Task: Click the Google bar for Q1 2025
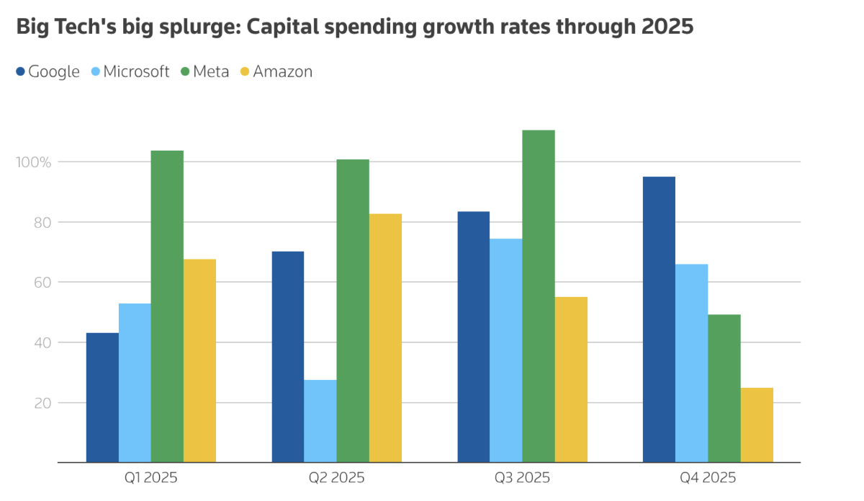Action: tap(102, 397)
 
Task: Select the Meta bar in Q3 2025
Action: tap(539, 296)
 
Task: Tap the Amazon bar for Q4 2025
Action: tap(757, 425)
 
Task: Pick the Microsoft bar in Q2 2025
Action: tap(320, 421)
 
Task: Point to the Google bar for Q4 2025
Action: tap(659, 319)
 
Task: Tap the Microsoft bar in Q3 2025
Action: tap(506, 350)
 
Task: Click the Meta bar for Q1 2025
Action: tap(167, 306)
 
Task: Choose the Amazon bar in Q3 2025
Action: tap(571, 379)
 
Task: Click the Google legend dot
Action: tap(21, 71)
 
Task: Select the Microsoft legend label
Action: tap(136, 71)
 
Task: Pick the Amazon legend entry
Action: tap(282, 71)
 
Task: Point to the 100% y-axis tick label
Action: tap(34, 162)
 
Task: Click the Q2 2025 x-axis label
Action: tap(336, 478)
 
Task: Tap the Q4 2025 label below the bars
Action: tap(708, 478)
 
